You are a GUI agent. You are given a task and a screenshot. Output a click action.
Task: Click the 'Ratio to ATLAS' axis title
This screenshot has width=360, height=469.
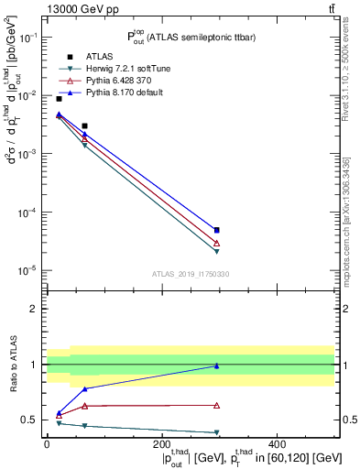pyautogui.click(x=12, y=365)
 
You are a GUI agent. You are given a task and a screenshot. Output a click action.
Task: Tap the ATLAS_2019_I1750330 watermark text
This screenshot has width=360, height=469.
pyautogui.click(x=191, y=274)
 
